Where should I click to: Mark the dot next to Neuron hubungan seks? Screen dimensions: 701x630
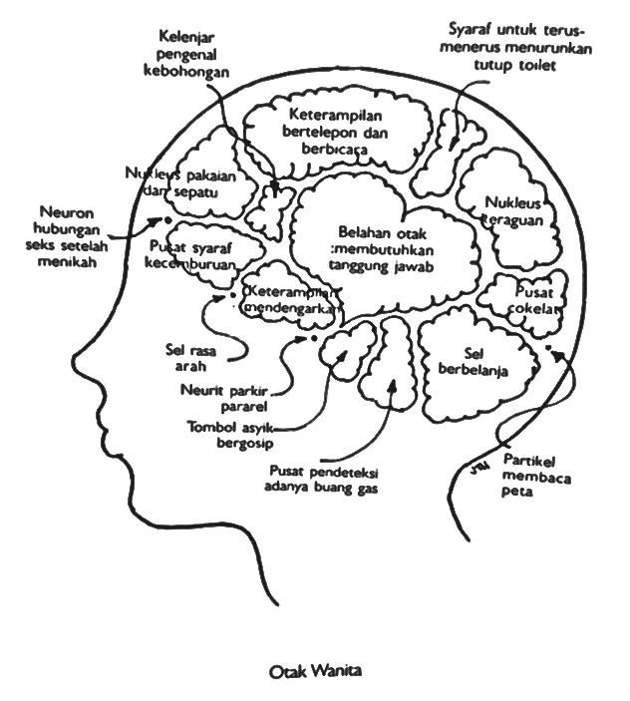[167, 219]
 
